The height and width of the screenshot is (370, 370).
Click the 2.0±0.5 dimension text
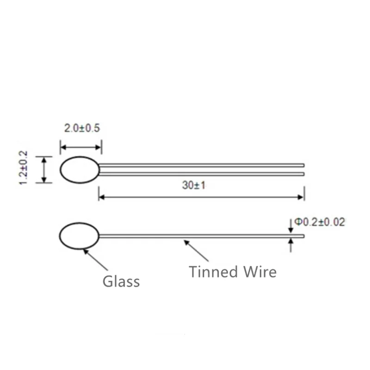click(x=82, y=128)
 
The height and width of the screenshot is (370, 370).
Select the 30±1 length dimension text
click(x=200, y=185)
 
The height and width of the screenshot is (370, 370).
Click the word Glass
click(x=121, y=281)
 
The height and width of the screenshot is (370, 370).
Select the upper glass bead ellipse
click(x=80, y=170)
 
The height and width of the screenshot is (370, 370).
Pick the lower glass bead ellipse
click(x=79, y=236)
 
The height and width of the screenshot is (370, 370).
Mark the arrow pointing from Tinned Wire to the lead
click(x=196, y=251)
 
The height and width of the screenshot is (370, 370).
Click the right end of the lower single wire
click(x=303, y=236)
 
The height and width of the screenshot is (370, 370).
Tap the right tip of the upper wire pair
click(x=303, y=169)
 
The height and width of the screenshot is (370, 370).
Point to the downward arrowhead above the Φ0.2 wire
click(x=290, y=229)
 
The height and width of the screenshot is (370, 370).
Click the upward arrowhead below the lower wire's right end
click(x=290, y=241)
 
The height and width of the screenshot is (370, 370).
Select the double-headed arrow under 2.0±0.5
click(x=81, y=148)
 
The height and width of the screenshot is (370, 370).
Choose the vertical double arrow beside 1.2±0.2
click(x=44, y=170)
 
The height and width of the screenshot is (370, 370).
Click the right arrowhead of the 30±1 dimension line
click(x=301, y=197)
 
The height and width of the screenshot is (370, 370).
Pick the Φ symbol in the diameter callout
click(x=298, y=222)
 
